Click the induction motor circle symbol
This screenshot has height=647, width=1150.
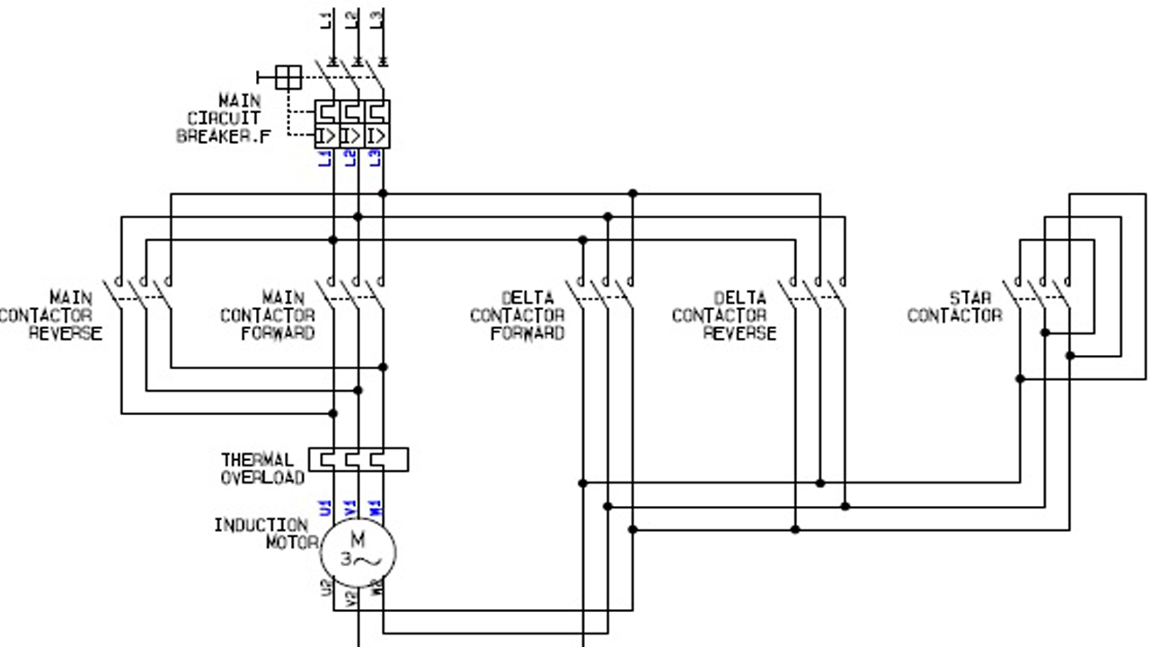tap(358, 550)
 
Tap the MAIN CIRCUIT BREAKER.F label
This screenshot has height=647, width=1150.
tap(223, 118)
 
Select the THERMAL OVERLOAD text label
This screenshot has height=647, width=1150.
tap(262, 468)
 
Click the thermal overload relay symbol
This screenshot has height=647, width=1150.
tap(358, 459)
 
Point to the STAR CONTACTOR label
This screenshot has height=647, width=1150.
tap(954, 306)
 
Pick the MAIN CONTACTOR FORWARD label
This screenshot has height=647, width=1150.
tap(268, 315)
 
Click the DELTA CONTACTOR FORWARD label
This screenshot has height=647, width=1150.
tap(517, 315)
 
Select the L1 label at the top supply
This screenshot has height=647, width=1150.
tap(327, 18)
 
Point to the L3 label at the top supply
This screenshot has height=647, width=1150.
tap(377, 18)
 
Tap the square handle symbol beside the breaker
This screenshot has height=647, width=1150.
tap(287, 77)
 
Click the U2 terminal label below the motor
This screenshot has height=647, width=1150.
tap(327, 588)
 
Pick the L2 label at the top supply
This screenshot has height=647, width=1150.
tap(352, 18)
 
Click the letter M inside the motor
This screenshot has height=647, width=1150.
tap(358, 539)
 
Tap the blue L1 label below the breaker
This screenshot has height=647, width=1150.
tap(327, 158)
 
